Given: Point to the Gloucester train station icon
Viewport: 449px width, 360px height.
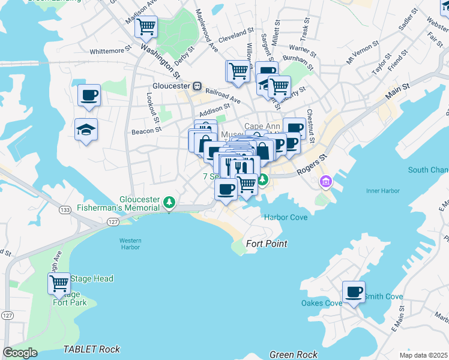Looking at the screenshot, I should pyautogui.click(x=196, y=86).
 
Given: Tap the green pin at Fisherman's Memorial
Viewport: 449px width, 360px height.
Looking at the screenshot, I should pyautogui.click(x=170, y=201).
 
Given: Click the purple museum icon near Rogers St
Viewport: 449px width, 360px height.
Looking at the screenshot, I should pyautogui.click(x=326, y=181).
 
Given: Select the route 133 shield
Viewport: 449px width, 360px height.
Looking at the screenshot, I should pyautogui.click(x=64, y=210).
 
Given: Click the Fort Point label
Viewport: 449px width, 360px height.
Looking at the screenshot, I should pyautogui.click(x=267, y=244).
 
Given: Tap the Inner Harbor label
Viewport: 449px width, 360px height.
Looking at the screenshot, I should pyautogui.click(x=382, y=192).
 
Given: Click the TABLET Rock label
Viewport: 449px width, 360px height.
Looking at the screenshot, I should pyautogui.click(x=92, y=349).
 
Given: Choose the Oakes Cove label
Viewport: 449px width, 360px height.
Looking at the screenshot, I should pyautogui.click(x=321, y=303).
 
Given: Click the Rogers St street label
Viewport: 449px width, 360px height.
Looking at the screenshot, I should pyautogui.click(x=313, y=165).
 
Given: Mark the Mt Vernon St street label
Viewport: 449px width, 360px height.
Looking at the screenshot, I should pyautogui.click(x=359, y=53).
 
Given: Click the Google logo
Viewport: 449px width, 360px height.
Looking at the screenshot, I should pyautogui.click(x=20, y=353).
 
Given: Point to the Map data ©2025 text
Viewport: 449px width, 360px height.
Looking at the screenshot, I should pyautogui.click(x=423, y=355).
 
